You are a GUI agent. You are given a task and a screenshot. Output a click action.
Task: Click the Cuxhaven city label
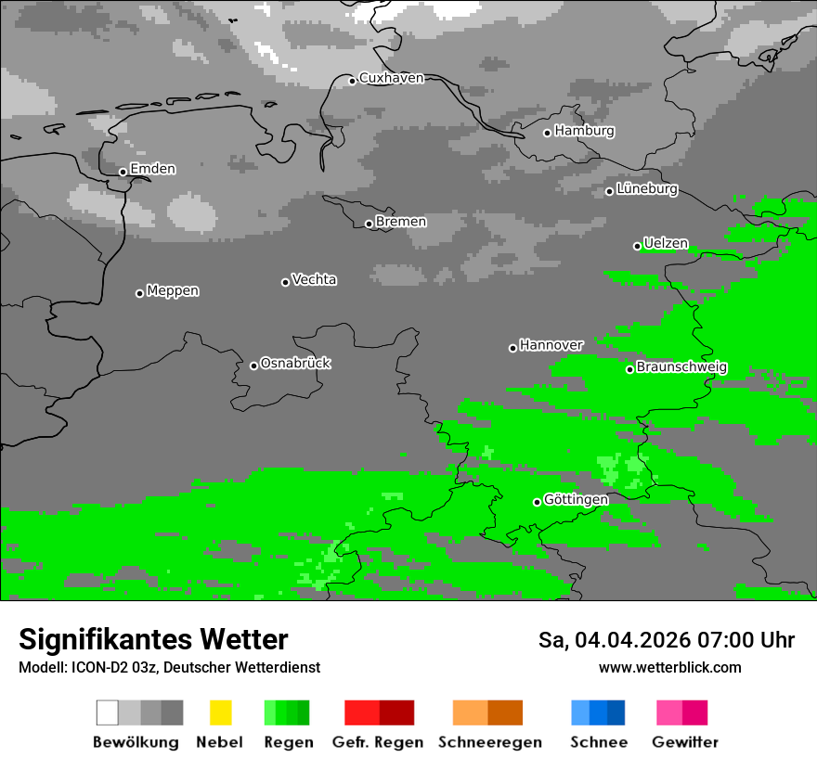[x=391, y=78]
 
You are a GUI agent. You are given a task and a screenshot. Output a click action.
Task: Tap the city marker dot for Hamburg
[x=548, y=133]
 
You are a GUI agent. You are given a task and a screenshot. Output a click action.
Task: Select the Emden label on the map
[x=152, y=169]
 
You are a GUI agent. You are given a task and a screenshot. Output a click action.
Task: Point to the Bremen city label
[x=401, y=222]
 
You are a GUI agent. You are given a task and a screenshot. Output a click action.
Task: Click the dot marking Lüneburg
[x=610, y=191]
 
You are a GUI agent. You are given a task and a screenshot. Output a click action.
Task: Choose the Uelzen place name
[x=666, y=243]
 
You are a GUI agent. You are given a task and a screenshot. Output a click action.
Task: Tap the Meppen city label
[x=173, y=290]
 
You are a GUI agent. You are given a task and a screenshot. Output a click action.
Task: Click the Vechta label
[x=314, y=279]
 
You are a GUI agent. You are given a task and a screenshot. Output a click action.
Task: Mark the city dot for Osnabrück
[x=253, y=366]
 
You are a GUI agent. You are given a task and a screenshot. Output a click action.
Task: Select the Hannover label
[x=551, y=345]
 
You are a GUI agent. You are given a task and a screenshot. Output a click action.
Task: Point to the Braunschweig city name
[x=681, y=367]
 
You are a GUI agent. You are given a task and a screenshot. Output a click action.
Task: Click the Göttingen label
[x=576, y=500]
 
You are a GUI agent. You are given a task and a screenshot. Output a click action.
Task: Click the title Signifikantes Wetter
[x=153, y=640]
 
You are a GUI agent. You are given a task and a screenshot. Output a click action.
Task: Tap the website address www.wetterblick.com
[x=669, y=668]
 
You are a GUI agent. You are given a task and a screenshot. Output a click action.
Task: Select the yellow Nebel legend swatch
[x=220, y=712]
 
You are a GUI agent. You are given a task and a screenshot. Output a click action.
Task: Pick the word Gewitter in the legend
[x=685, y=742]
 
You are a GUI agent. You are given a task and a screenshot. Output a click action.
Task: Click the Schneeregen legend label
[x=489, y=742]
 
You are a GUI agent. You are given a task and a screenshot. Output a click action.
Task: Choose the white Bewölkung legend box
[x=108, y=712]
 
